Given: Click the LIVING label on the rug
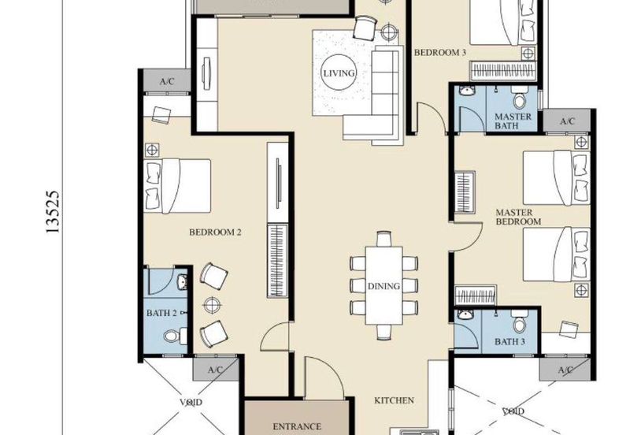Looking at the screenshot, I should (x=339, y=73).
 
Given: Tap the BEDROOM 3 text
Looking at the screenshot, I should (x=440, y=53).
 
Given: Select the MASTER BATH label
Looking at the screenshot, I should (x=513, y=121).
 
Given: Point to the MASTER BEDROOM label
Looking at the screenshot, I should (x=518, y=217).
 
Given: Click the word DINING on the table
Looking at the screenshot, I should (x=384, y=286).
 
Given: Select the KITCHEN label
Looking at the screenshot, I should (x=394, y=400).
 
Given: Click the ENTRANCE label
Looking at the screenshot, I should (x=296, y=426).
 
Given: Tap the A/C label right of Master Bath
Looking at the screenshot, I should (x=565, y=121).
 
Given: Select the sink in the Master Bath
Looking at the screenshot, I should (x=467, y=94).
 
